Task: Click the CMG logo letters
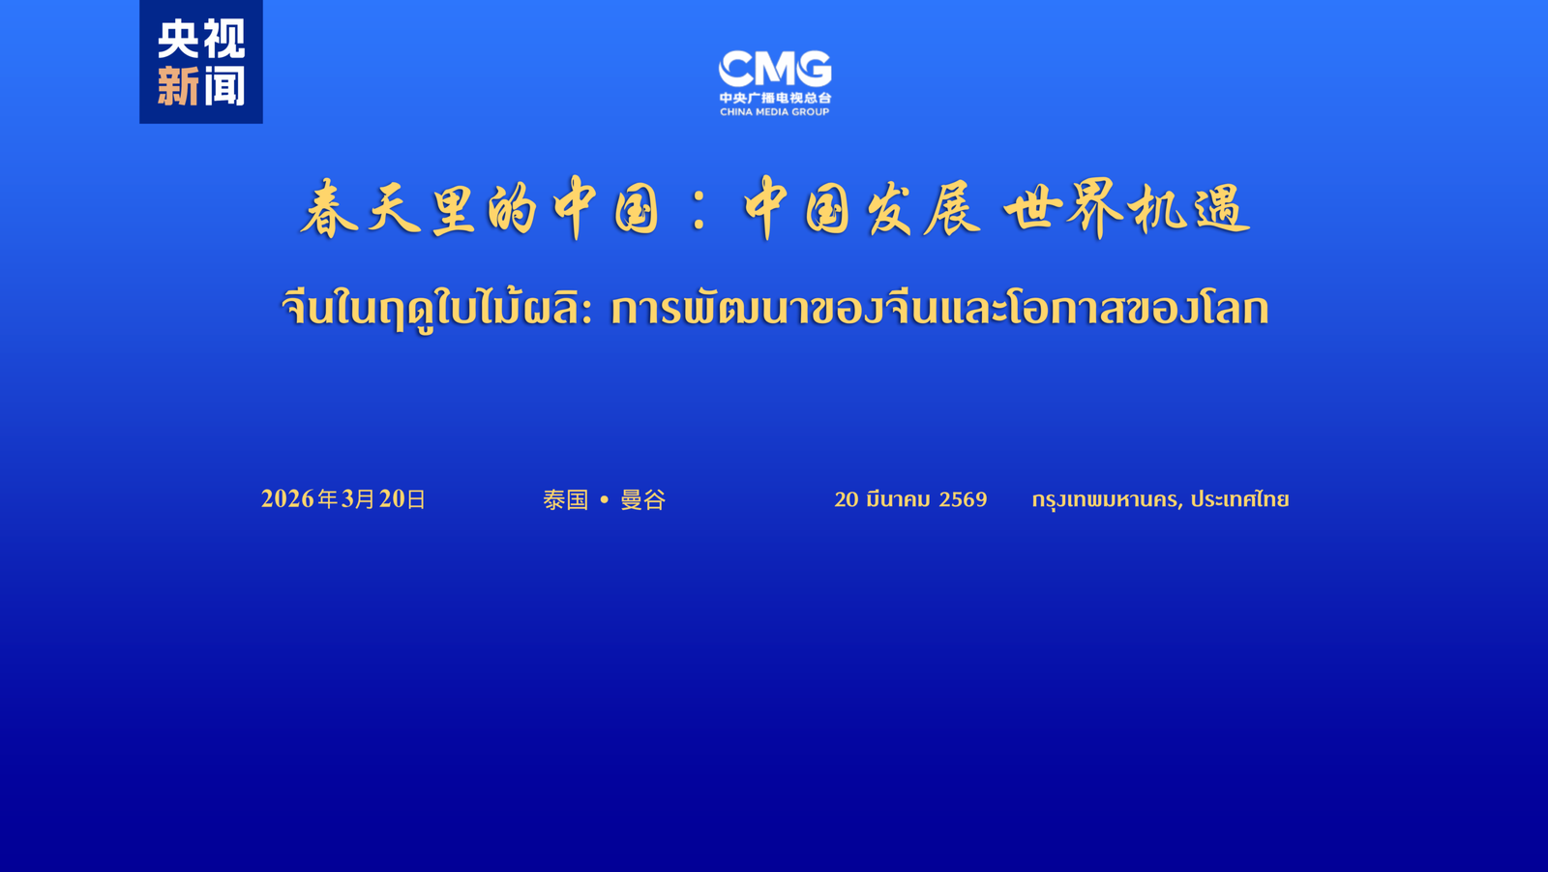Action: (x=774, y=69)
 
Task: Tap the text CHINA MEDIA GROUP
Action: (x=774, y=112)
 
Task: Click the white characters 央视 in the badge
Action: (x=201, y=40)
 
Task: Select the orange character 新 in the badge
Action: (x=178, y=86)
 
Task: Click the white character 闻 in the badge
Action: (x=224, y=86)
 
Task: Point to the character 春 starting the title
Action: (x=329, y=209)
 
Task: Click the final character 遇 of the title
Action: (x=1221, y=209)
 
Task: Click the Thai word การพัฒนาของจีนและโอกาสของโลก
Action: (x=938, y=309)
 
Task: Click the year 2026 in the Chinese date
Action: (x=287, y=498)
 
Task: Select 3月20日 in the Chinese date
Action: (x=383, y=498)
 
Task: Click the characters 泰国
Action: (x=566, y=499)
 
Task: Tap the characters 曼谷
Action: (x=642, y=499)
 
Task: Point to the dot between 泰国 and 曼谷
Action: (x=604, y=500)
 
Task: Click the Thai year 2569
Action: (x=963, y=499)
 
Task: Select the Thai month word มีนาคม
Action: (x=898, y=499)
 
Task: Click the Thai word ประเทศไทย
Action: (x=1239, y=499)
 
